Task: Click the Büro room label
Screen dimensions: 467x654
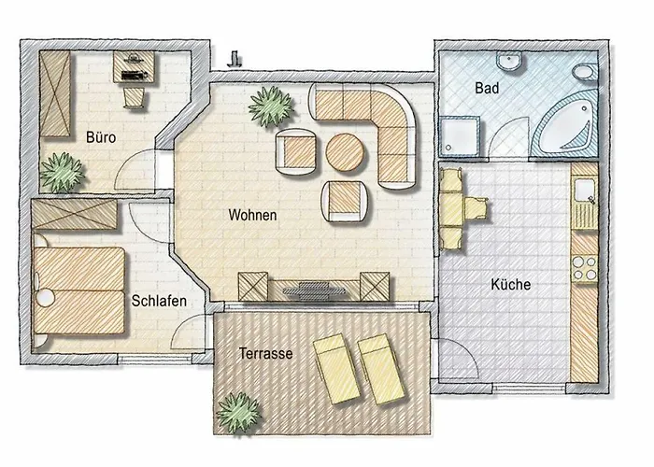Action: point(101,138)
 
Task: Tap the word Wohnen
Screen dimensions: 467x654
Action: point(252,216)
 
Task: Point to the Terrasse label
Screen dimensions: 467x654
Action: point(266,354)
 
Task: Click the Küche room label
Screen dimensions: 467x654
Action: point(511,285)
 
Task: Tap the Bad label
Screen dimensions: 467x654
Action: point(487,88)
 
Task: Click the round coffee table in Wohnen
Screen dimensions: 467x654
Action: point(345,152)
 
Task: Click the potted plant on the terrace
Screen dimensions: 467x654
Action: point(237,411)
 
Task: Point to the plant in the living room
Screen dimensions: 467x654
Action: point(271,106)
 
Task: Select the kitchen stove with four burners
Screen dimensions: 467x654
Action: point(584,268)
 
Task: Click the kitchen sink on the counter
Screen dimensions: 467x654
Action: point(585,193)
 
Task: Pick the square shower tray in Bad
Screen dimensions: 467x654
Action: point(462,138)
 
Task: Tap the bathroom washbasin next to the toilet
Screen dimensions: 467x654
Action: point(513,63)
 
